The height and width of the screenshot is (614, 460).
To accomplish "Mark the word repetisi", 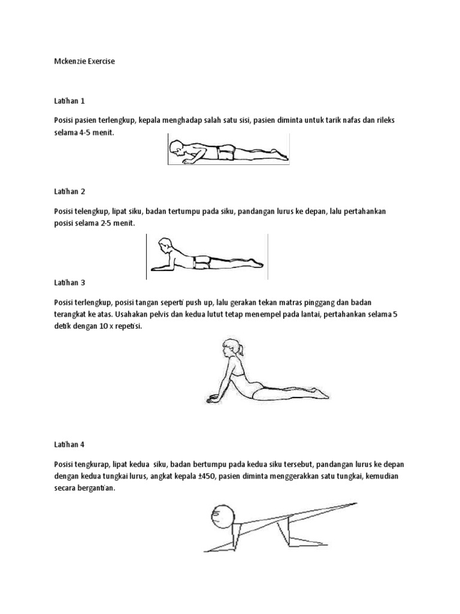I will (x=126, y=328).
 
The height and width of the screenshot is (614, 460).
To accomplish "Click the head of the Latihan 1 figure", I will (x=178, y=147).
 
